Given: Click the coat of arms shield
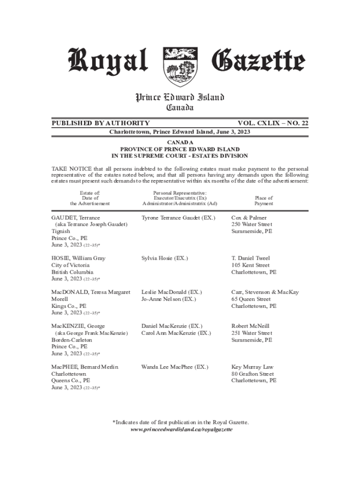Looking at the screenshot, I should tap(180, 66).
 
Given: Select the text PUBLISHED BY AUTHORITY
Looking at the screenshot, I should tap(101, 123).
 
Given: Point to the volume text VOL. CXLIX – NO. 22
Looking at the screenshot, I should tap(273, 123).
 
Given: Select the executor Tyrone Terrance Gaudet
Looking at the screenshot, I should tap(178, 218).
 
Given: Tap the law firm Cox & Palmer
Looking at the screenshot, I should tap(249, 218).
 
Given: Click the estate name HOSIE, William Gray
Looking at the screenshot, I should tap(78, 258).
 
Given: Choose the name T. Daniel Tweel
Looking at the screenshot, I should tap(251, 258).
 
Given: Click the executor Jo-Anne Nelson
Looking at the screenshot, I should tap(168, 299).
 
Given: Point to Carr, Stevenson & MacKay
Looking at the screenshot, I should tap(265, 292).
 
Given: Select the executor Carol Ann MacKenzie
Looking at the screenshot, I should tap(176, 333).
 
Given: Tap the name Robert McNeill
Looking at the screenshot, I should tap(251, 326).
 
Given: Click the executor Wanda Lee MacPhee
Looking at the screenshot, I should tap(174, 367).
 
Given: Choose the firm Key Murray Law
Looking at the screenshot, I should tap(252, 367).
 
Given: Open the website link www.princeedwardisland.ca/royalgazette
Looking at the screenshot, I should tap(181, 429).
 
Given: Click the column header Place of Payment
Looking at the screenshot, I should tap(264, 201).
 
